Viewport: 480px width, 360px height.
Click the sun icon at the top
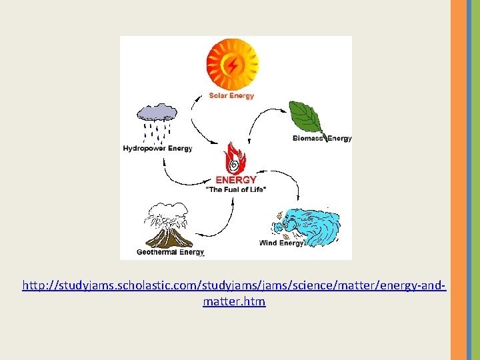(231, 64)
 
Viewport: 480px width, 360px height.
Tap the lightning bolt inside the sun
(232, 65)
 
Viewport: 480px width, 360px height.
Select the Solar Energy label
(231, 96)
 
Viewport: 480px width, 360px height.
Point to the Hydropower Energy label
(157, 149)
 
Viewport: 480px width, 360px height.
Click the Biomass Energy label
(322, 139)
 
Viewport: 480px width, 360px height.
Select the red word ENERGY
(235, 180)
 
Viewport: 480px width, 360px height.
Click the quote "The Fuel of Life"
(235, 190)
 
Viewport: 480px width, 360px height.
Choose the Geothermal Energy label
(170, 253)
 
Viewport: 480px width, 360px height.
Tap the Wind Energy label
(281, 243)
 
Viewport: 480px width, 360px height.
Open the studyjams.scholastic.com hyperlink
(234, 286)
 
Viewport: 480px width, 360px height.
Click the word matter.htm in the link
(234, 302)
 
